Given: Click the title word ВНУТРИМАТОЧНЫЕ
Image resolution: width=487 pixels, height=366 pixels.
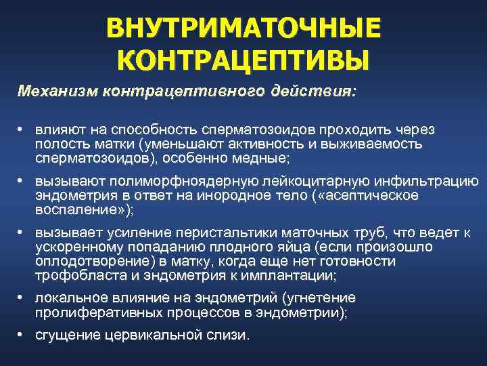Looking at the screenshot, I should [x=243, y=29].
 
